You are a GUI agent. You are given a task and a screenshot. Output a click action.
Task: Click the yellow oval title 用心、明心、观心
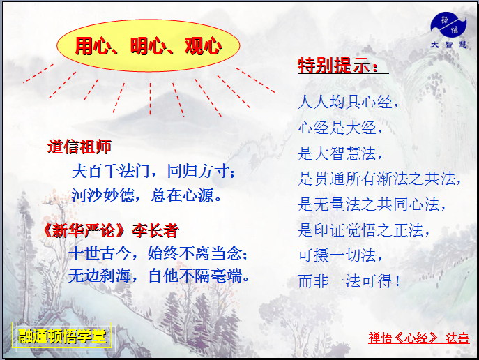(148, 46)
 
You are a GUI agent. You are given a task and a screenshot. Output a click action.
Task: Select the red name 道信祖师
(79, 147)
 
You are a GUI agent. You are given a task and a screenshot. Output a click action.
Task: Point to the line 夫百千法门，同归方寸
(154, 171)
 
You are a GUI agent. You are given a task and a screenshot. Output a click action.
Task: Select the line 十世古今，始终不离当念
(158, 253)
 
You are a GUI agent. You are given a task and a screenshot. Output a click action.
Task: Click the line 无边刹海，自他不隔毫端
(160, 276)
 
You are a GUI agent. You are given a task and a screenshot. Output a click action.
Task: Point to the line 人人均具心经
(349, 103)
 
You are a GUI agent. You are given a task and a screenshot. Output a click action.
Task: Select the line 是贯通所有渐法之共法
(380, 179)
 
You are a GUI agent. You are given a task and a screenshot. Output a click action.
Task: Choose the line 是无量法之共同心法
(372, 204)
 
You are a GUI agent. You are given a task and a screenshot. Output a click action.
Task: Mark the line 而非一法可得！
(349, 281)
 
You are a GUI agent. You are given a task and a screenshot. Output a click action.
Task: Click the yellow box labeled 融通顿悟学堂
(63, 336)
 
